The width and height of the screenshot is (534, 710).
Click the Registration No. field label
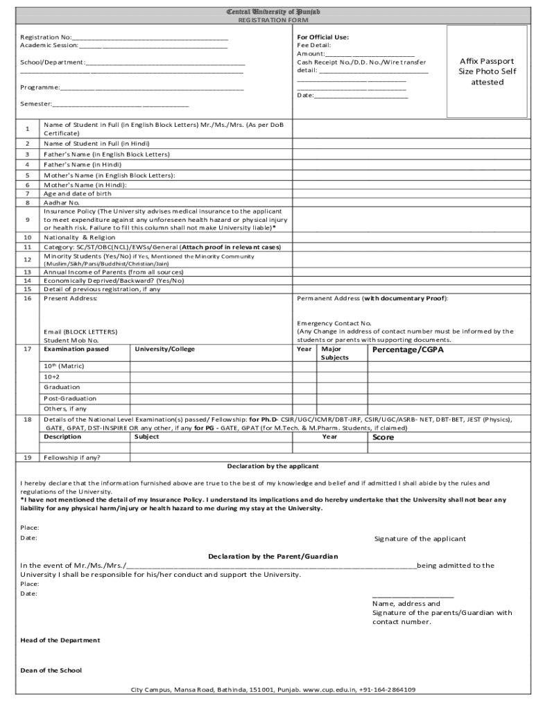point(46,37)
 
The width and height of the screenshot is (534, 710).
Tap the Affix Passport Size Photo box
point(487,71)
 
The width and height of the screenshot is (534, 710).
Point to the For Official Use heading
point(322,37)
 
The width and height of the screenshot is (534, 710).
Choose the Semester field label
point(36,103)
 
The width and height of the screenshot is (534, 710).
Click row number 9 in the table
point(27,220)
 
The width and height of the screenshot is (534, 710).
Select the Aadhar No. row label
point(62,202)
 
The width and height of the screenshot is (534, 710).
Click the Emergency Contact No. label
point(334,323)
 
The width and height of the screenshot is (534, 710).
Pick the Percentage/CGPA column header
point(408,349)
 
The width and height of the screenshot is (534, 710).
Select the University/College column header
point(164,349)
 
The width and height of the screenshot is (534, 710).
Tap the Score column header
point(383,437)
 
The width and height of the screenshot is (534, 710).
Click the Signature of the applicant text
point(420,539)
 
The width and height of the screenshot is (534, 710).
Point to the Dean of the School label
point(51,670)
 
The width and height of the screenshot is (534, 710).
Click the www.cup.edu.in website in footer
point(329,690)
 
